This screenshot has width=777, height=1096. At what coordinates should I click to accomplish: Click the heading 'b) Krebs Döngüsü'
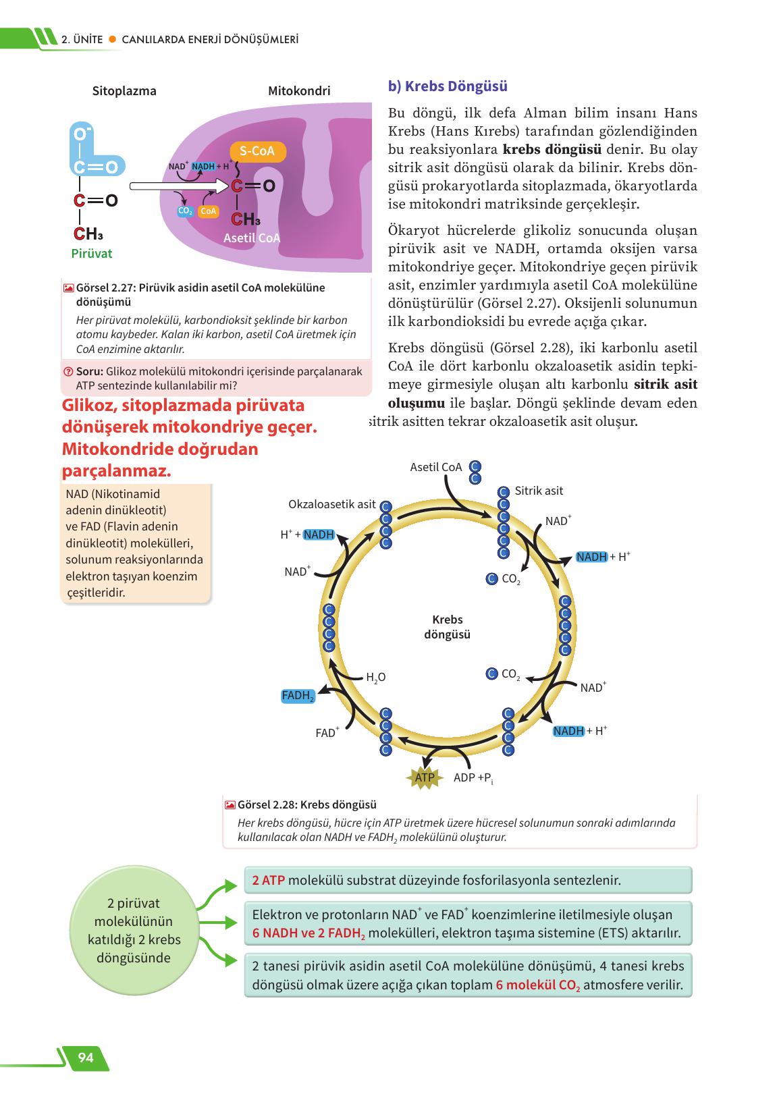(448, 86)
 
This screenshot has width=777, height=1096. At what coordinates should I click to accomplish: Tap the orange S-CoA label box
(257, 151)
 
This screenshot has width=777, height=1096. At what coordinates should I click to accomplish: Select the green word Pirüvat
(92, 254)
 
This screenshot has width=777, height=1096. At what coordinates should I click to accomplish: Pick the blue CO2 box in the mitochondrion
(185, 211)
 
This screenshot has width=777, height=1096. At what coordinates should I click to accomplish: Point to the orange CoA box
(209, 211)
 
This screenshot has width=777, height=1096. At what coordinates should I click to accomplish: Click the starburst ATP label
(424, 777)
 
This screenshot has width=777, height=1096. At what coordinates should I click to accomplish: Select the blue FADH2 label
(298, 696)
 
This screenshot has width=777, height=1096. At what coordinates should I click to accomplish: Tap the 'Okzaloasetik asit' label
(331, 504)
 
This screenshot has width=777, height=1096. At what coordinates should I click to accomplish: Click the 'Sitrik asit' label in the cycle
(539, 491)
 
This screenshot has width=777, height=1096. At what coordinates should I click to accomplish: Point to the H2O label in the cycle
(375, 677)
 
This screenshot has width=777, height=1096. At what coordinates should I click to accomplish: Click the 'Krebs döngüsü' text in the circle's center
(447, 627)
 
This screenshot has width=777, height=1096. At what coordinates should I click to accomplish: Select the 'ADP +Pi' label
(473, 778)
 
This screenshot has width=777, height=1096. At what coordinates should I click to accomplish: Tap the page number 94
(86, 1058)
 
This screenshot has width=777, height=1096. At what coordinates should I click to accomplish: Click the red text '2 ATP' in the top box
(268, 880)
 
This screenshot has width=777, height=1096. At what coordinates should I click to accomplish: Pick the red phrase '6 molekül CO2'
(537, 985)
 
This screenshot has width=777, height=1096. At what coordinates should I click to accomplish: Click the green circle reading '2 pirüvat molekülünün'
(134, 931)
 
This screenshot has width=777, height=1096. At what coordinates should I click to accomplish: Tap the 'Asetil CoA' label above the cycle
(435, 467)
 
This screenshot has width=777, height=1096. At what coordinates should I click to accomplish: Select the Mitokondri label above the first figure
(299, 91)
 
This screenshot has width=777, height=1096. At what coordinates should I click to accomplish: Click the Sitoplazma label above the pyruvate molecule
(124, 91)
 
